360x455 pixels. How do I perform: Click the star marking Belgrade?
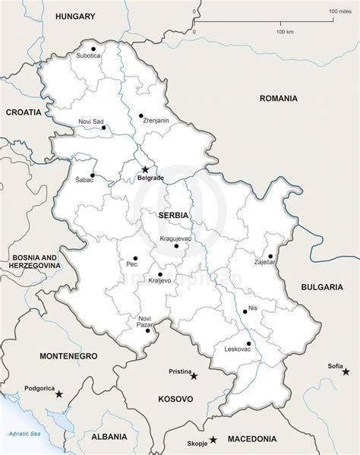[x=145, y=169]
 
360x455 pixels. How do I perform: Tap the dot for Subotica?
[x=93, y=48]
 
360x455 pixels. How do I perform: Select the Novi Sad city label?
[x=91, y=122]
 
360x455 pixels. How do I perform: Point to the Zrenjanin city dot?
[x=141, y=115]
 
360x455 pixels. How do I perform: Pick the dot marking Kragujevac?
[x=175, y=245]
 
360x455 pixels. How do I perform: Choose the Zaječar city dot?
[x=270, y=256]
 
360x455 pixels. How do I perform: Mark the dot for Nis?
[x=245, y=310]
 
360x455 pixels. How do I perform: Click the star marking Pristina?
[x=194, y=375]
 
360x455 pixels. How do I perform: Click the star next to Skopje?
[x=213, y=439]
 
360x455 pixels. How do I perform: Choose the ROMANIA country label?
[x=279, y=98]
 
